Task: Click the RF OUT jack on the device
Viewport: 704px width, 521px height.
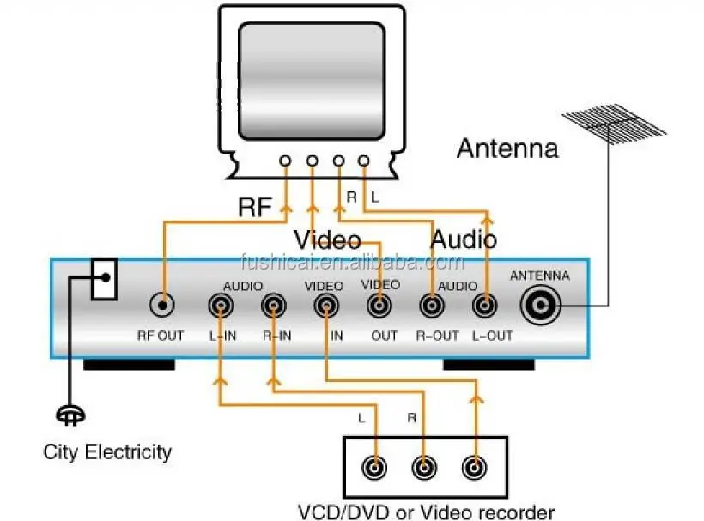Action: [x=160, y=305]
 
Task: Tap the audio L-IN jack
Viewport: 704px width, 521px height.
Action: [x=221, y=305]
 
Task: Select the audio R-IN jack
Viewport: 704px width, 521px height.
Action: [x=274, y=305]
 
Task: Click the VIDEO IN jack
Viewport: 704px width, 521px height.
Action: [x=325, y=305]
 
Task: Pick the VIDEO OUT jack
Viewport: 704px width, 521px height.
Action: [x=378, y=305]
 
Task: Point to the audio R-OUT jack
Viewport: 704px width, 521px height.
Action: [x=431, y=305]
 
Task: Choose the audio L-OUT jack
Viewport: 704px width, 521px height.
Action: [x=485, y=305]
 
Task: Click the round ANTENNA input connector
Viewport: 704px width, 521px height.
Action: [x=540, y=305]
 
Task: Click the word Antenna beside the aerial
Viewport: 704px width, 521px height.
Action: [x=507, y=148]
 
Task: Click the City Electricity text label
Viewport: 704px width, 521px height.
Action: [x=107, y=451]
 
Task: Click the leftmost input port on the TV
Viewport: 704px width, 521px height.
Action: [x=285, y=161]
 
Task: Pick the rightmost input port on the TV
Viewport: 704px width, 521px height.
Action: [x=364, y=161]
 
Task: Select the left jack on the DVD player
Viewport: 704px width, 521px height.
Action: [x=375, y=468]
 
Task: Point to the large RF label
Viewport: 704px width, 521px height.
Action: [x=256, y=207]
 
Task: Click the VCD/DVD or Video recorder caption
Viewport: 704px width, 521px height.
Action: [x=426, y=512]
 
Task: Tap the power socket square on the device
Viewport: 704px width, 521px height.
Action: [x=104, y=280]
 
